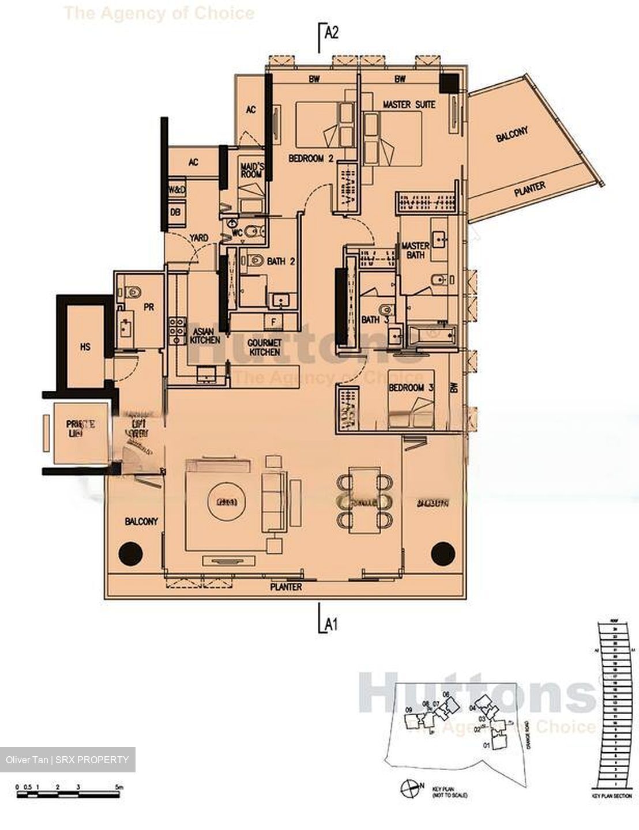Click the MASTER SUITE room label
[409, 104]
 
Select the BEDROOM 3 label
[411, 388]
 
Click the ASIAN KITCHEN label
[205, 336]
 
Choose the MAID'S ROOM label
[251, 172]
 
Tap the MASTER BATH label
[415, 250]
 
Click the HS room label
[85, 348]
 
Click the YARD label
[199, 237]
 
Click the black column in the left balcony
[130, 553]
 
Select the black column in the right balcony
[443, 553]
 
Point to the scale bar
[69, 794]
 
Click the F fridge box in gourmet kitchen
[274, 321]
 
